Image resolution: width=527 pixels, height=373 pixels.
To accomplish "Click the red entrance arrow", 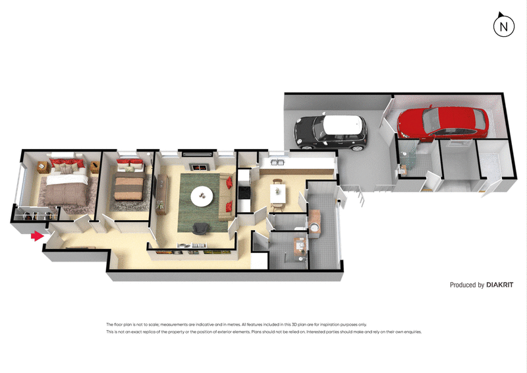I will (37, 235).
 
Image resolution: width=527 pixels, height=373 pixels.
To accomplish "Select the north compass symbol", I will (504, 26).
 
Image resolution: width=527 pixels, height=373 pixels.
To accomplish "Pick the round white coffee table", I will (202, 194).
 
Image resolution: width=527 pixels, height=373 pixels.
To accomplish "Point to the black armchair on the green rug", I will (201, 228).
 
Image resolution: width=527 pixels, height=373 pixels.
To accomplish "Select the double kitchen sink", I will (276, 163).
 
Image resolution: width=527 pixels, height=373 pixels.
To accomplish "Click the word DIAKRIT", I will (500, 285).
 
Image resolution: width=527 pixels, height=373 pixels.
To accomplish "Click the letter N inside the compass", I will (504, 27).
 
